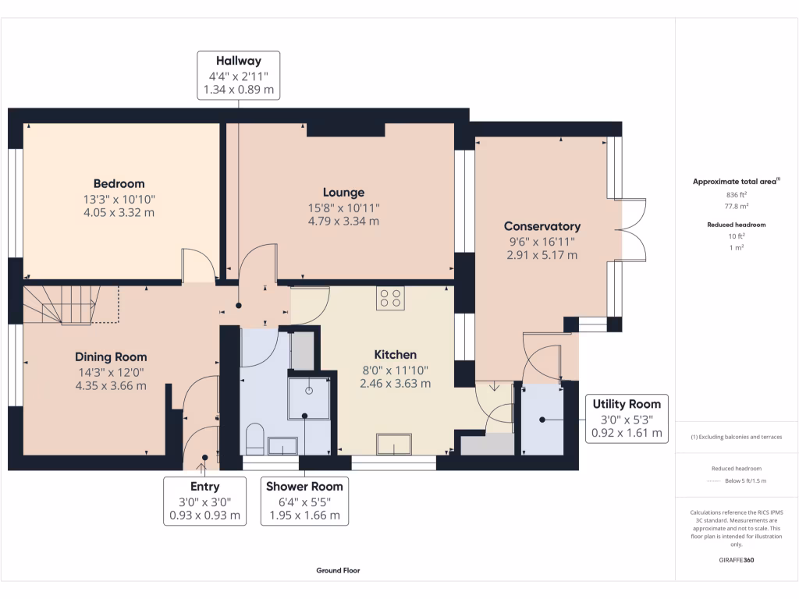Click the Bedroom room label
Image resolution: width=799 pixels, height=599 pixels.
tap(119, 184)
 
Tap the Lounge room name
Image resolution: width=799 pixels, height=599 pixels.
tap(343, 193)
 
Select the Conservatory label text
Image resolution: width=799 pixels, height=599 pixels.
tap(542, 227)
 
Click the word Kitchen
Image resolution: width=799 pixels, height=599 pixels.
tap(395, 355)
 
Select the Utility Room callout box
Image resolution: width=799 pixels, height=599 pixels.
tap(627, 418)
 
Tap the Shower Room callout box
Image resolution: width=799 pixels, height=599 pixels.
tap(304, 501)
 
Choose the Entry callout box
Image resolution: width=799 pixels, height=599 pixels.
tap(204, 501)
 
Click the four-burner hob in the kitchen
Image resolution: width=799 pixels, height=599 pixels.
tap(390, 299)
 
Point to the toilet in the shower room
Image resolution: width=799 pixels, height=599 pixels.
tap(255, 440)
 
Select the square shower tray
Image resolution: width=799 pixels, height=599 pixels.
tap(310, 398)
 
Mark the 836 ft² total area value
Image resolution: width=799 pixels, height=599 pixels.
tap(737, 195)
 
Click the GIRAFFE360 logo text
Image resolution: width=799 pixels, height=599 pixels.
tap(737, 560)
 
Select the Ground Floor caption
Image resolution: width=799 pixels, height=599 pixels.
tap(338, 570)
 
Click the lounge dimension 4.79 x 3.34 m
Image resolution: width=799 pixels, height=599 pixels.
tap(343, 221)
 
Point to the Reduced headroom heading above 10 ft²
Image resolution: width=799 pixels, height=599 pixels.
tap(737, 225)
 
